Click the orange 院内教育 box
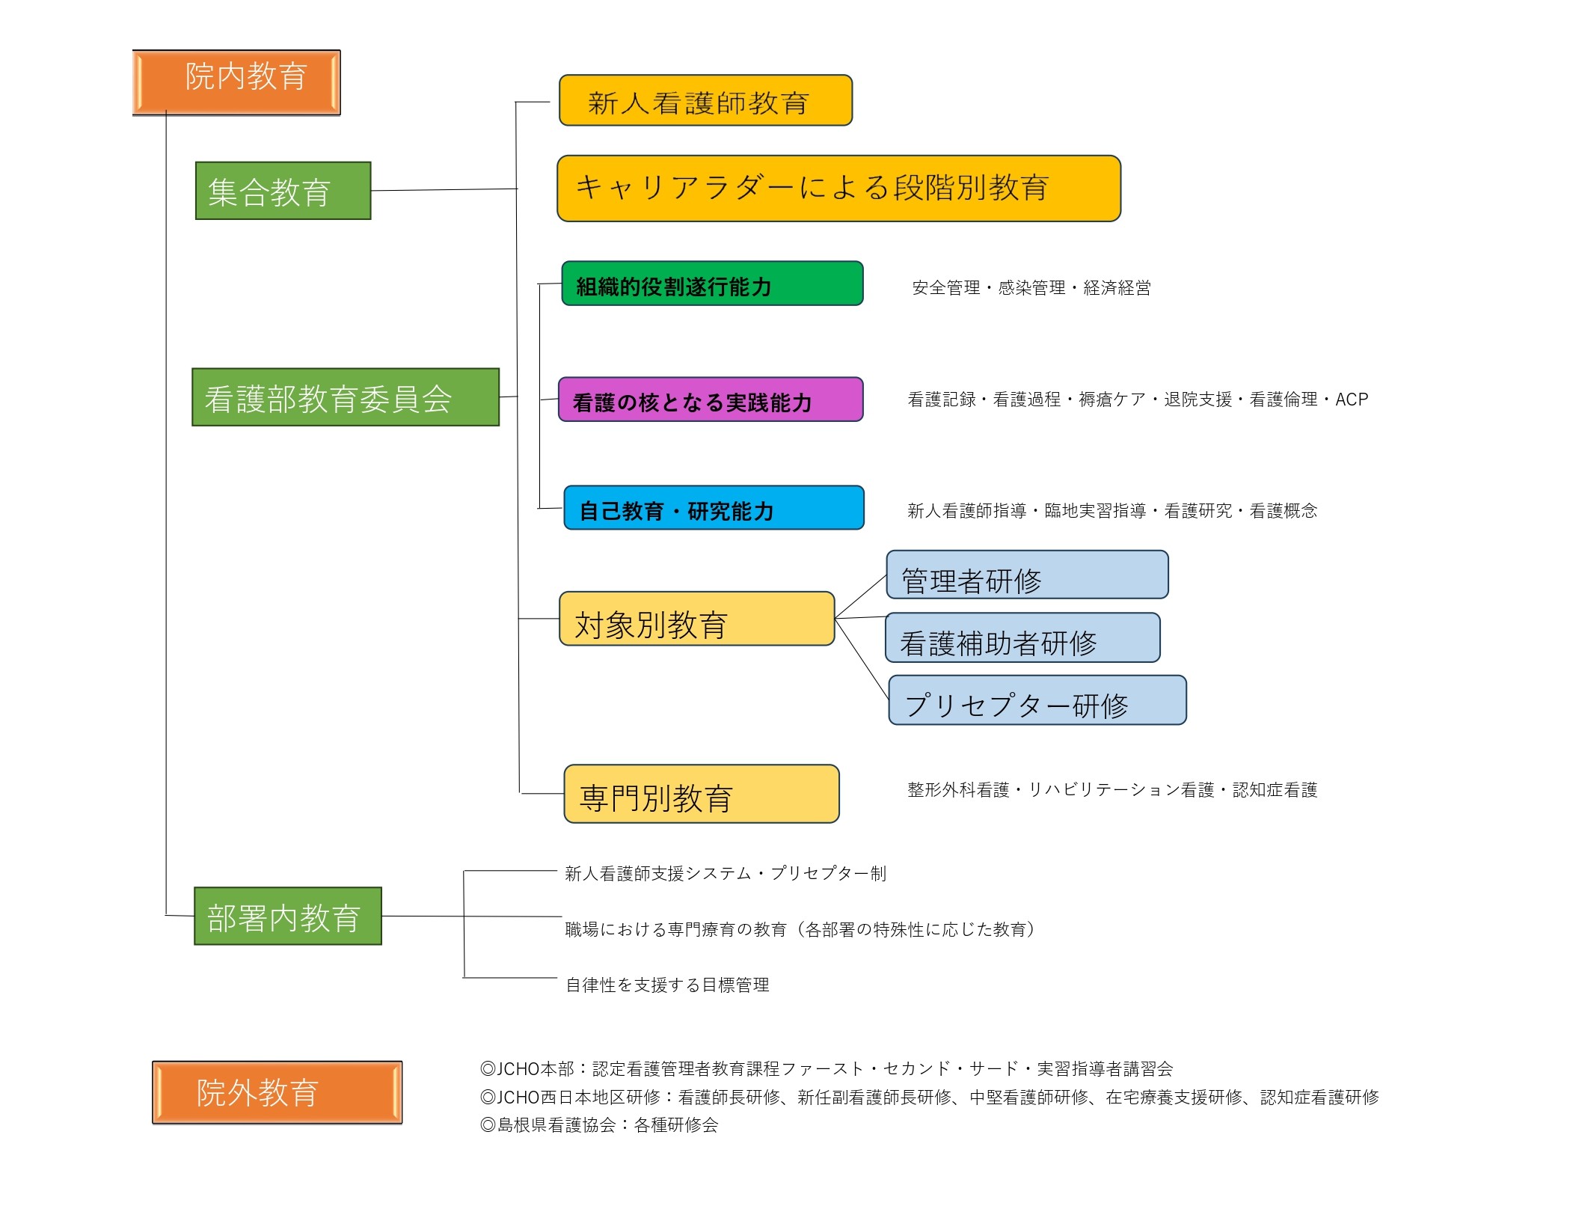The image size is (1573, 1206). tap(236, 82)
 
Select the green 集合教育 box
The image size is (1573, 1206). tap(283, 191)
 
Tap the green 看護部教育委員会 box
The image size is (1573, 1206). tap(345, 397)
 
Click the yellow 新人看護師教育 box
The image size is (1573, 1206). tap(705, 100)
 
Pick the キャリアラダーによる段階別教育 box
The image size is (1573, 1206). tap(838, 189)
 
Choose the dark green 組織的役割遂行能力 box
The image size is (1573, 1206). tap(712, 284)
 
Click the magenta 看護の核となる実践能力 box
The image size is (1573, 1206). tap(711, 400)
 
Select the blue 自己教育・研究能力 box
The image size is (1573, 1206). tap(714, 508)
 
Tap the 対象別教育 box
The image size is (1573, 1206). tap(696, 619)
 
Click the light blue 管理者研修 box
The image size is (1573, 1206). tap(1027, 575)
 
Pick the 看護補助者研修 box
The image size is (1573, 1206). tap(1022, 638)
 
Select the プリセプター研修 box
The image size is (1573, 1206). tap(1037, 700)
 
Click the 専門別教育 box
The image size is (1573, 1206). tap(701, 794)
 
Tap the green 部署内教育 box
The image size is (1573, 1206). tap(288, 916)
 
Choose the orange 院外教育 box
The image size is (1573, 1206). tap(277, 1092)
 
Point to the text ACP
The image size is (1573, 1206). tap(1352, 400)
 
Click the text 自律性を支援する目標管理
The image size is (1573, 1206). tap(667, 985)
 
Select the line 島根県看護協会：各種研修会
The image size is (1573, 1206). tap(599, 1125)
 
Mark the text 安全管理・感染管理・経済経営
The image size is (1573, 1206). tap(1031, 288)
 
